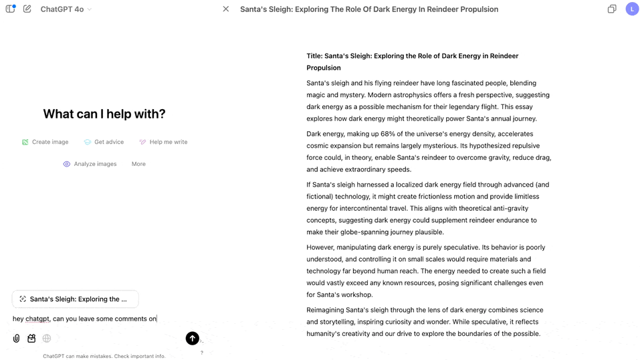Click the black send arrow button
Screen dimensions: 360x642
[192, 339]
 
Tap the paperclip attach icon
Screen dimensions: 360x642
[17, 339]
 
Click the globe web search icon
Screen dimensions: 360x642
[47, 339]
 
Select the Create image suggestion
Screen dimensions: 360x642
[45, 142]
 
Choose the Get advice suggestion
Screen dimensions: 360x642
[104, 142]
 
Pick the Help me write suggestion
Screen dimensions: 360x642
[163, 142]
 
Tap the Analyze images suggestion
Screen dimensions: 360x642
[90, 164]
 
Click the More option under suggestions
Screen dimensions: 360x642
[138, 164]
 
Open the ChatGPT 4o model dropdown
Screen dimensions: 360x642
[66, 9]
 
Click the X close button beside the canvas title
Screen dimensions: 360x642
[226, 9]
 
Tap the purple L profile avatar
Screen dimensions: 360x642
[632, 9]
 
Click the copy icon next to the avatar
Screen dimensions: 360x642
[611, 9]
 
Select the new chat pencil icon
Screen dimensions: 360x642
[27, 9]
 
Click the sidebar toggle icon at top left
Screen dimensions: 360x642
[10, 9]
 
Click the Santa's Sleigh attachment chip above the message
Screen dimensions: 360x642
[76, 299]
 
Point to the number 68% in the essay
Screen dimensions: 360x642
[389, 134]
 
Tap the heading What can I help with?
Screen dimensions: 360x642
[104, 114]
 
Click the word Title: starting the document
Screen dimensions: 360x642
[314, 56]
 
